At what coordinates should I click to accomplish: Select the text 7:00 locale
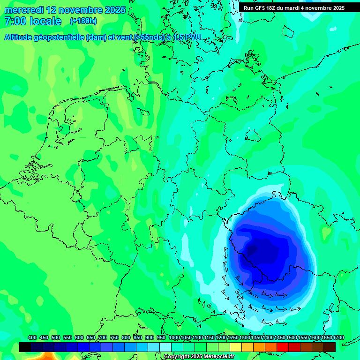point(33,21)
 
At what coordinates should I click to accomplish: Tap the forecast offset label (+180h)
point(84,21)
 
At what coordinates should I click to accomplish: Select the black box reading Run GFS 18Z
point(294,7)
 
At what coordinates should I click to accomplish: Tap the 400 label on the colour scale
point(32,337)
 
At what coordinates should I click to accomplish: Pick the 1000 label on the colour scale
point(174,337)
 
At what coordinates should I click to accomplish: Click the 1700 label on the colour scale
point(338,337)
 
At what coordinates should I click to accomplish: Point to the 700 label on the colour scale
point(103,337)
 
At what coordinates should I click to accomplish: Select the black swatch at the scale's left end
point(25,347)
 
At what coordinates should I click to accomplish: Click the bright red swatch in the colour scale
point(283,347)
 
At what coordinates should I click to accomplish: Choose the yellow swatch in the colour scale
point(236,347)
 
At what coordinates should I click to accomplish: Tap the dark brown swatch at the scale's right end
point(330,347)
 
